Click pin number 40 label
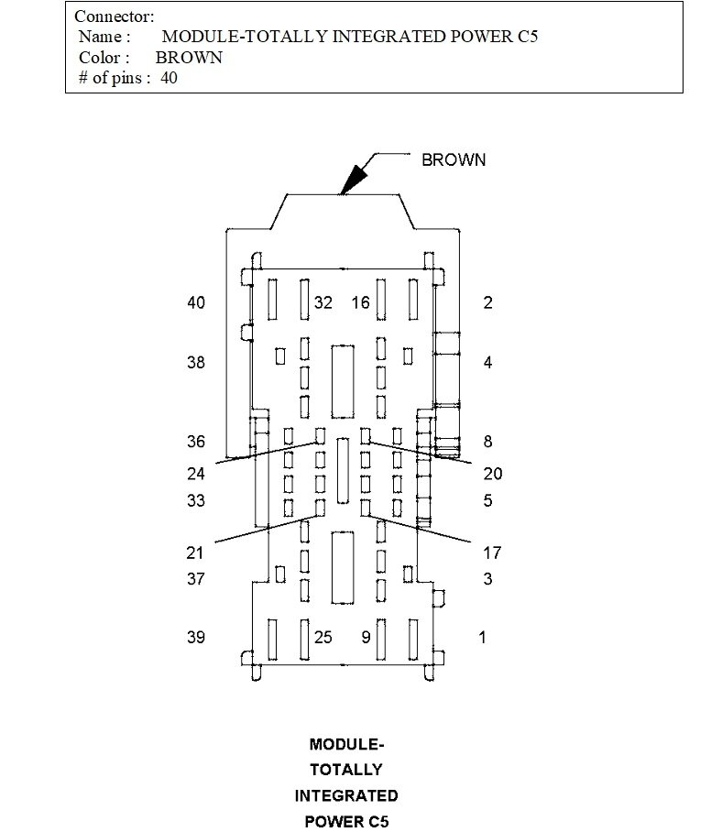196,303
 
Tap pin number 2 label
488,303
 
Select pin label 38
196,363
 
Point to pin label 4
488,363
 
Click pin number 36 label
196,442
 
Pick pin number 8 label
488,442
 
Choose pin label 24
196,474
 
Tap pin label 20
493,474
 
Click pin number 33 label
196,501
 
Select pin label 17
493,553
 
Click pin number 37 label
196,579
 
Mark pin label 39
196,638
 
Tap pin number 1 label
484,638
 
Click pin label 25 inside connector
323,638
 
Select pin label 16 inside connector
360,303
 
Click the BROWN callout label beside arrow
454,160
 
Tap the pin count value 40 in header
169,78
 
